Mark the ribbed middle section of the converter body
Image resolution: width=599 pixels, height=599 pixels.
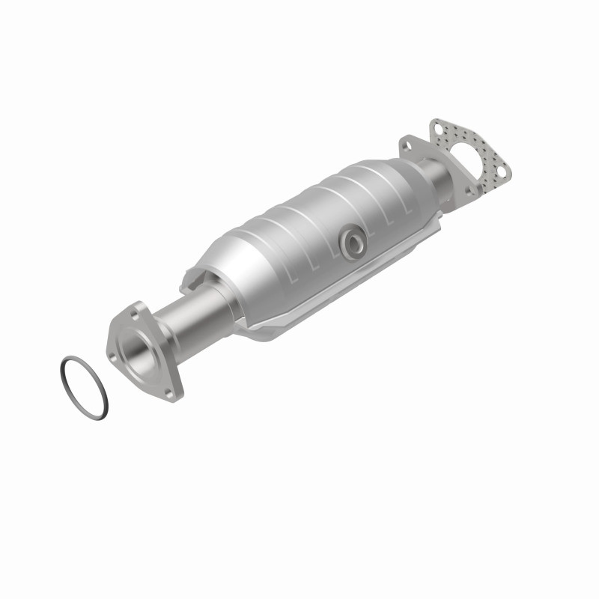coord(314,225)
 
